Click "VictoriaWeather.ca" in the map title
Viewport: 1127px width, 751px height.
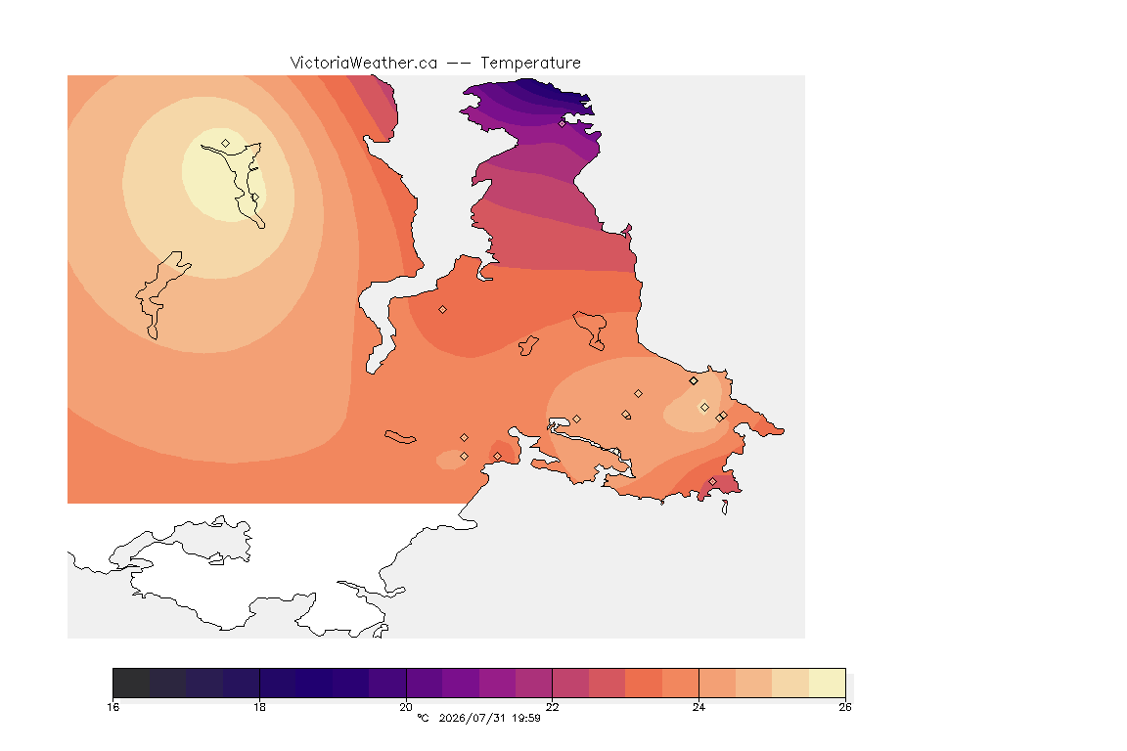[364, 64]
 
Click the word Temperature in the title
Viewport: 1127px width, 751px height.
[530, 64]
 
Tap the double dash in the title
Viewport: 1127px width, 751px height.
[459, 64]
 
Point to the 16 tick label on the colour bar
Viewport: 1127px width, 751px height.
[113, 707]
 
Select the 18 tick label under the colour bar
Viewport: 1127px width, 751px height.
[259, 707]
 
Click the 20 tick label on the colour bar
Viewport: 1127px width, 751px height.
[406, 707]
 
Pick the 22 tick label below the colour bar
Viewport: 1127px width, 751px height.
[552, 707]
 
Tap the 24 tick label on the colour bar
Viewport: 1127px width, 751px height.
[699, 707]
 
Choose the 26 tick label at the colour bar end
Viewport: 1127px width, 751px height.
[845, 707]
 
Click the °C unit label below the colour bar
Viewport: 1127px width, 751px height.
[424, 718]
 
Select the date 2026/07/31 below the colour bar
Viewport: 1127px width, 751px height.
[473, 718]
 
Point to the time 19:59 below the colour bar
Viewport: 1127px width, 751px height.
[526, 718]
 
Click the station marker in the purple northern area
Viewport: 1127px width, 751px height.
[563, 123]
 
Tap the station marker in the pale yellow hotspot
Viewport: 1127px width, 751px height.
[226, 144]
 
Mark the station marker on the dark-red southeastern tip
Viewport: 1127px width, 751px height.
[712, 481]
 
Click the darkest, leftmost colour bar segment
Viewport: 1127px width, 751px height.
[131, 683]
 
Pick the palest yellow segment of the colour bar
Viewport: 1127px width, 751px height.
[827, 683]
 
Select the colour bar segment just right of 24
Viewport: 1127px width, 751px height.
[716, 683]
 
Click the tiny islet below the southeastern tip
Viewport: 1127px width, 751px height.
[725, 508]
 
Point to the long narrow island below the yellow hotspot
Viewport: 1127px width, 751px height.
[162, 294]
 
